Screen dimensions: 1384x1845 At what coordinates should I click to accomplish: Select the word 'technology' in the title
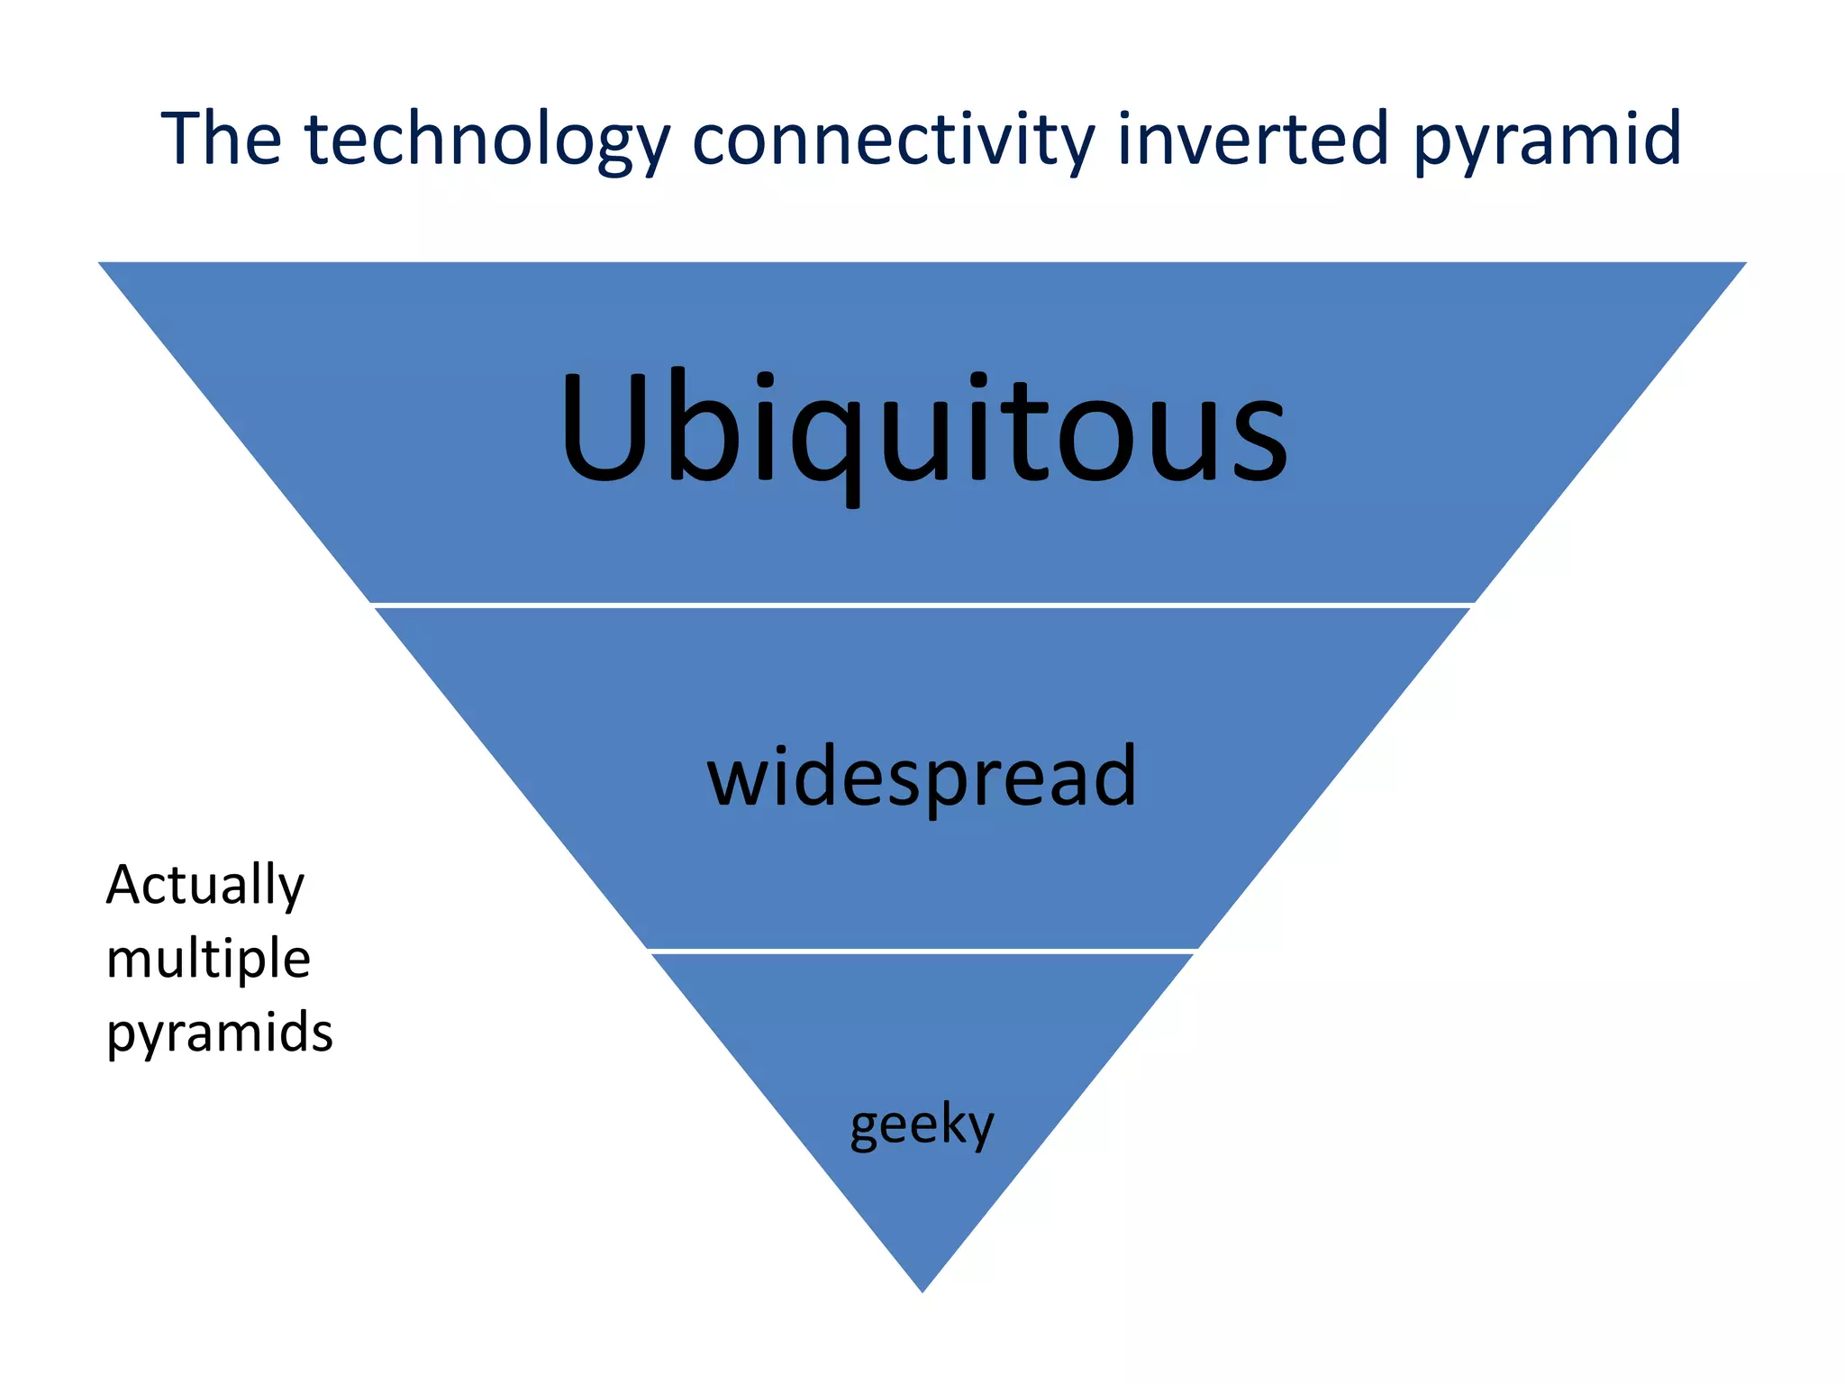(x=487, y=141)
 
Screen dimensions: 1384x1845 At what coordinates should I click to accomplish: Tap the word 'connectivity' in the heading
(x=892, y=141)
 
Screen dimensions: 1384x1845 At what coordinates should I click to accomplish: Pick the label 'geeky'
(x=922, y=1125)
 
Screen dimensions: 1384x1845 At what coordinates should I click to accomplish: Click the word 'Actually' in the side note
(x=205, y=885)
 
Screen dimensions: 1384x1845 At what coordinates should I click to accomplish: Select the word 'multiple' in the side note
(x=208, y=958)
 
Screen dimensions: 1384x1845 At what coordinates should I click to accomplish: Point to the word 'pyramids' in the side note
(x=220, y=1033)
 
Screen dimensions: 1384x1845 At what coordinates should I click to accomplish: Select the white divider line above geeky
(x=922, y=951)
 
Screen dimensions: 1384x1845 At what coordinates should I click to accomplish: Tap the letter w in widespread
(x=738, y=780)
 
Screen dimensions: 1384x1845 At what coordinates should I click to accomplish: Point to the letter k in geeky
(x=950, y=1122)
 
